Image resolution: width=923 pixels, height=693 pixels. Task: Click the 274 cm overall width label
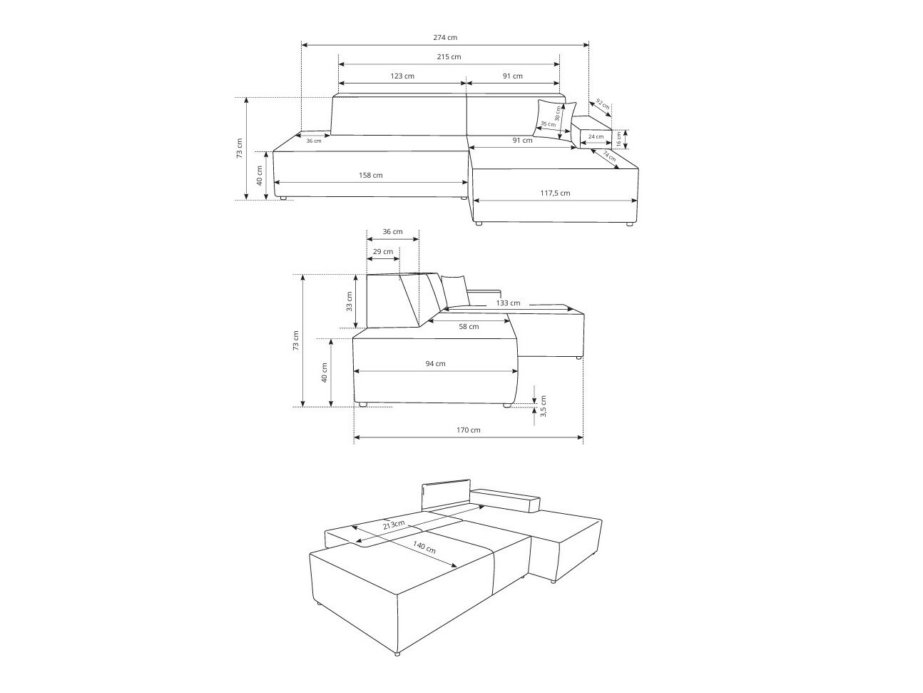[445, 37]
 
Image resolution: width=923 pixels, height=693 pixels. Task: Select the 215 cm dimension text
[449, 57]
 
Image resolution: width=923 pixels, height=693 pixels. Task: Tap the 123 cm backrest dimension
[402, 76]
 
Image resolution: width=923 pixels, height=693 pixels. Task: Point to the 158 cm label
[370, 175]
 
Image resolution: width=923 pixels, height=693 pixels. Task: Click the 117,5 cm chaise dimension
[555, 193]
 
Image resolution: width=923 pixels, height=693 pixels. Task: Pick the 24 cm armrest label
[596, 137]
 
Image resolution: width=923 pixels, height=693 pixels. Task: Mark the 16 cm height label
[618, 139]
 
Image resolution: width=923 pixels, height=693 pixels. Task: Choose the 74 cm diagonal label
[609, 156]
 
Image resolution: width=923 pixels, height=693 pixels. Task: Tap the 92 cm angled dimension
[603, 104]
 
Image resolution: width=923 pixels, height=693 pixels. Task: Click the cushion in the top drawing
[555, 120]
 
